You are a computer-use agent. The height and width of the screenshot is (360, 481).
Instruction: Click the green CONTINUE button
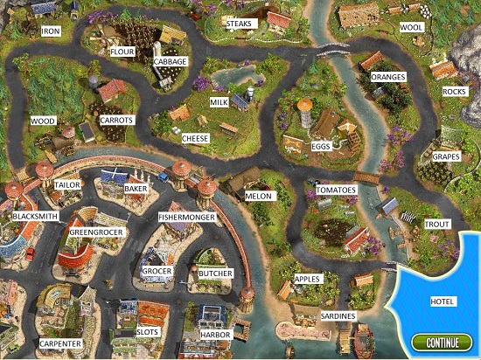(x=443, y=343)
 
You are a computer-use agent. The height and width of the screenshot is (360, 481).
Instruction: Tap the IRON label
(x=52, y=31)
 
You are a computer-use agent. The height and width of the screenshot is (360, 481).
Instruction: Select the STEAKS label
(x=239, y=24)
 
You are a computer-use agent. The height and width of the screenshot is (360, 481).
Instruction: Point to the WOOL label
(x=411, y=27)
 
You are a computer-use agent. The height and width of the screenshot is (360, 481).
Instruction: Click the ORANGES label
(x=388, y=76)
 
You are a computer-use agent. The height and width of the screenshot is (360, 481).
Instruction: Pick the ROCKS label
(x=454, y=92)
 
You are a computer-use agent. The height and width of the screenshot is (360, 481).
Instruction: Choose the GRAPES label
(x=445, y=157)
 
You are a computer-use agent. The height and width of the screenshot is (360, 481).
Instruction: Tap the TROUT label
(x=437, y=225)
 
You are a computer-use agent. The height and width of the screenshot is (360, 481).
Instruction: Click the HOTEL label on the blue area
(x=443, y=301)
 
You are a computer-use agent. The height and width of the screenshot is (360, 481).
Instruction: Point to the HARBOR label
(x=214, y=333)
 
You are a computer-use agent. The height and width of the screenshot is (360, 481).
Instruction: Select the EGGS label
(x=320, y=146)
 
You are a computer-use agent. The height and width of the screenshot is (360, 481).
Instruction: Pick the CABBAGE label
(x=170, y=63)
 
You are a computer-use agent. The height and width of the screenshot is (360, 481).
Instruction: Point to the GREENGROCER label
(x=97, y=232)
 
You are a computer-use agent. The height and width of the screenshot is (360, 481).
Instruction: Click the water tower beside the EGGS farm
(x=305, y=110)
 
